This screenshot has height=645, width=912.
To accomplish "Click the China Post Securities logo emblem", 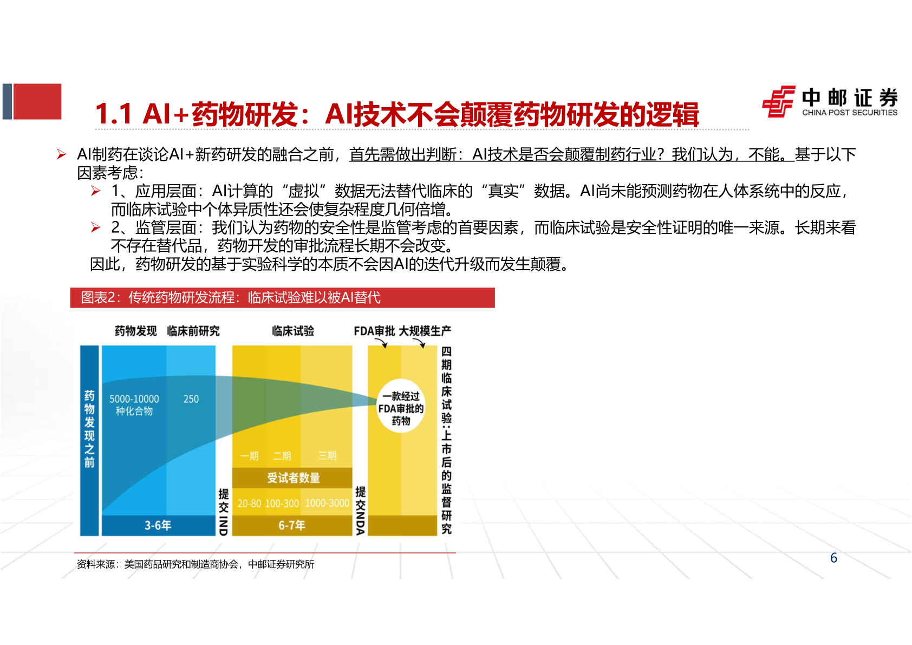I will pos(779,101).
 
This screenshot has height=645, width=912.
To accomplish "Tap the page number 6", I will pos(833,558).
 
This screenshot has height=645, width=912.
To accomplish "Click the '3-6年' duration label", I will pos(158,525).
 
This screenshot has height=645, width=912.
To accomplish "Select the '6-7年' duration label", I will pos(292,525).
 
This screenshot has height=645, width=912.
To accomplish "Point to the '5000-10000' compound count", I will pos(134,399).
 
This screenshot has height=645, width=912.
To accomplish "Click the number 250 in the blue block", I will pos(191,399).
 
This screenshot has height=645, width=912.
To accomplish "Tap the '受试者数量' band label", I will pos(293,478).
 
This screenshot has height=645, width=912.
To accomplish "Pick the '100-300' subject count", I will pos(282,504).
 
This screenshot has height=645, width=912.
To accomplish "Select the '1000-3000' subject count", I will pos(327,503).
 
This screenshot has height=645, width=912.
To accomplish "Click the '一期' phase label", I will pos(249,456).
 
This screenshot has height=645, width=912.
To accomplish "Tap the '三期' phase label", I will pos(327,456).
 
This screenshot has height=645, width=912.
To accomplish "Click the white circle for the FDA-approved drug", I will pos(401,406).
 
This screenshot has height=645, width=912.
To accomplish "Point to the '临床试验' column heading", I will pos(293,331).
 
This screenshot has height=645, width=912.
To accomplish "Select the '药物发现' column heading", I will pos(135,331).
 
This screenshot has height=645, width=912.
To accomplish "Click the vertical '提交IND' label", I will pos(223,512).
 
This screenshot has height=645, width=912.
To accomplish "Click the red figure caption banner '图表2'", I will pos(282,297).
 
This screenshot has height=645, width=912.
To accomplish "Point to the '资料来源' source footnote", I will pos(196,564).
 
